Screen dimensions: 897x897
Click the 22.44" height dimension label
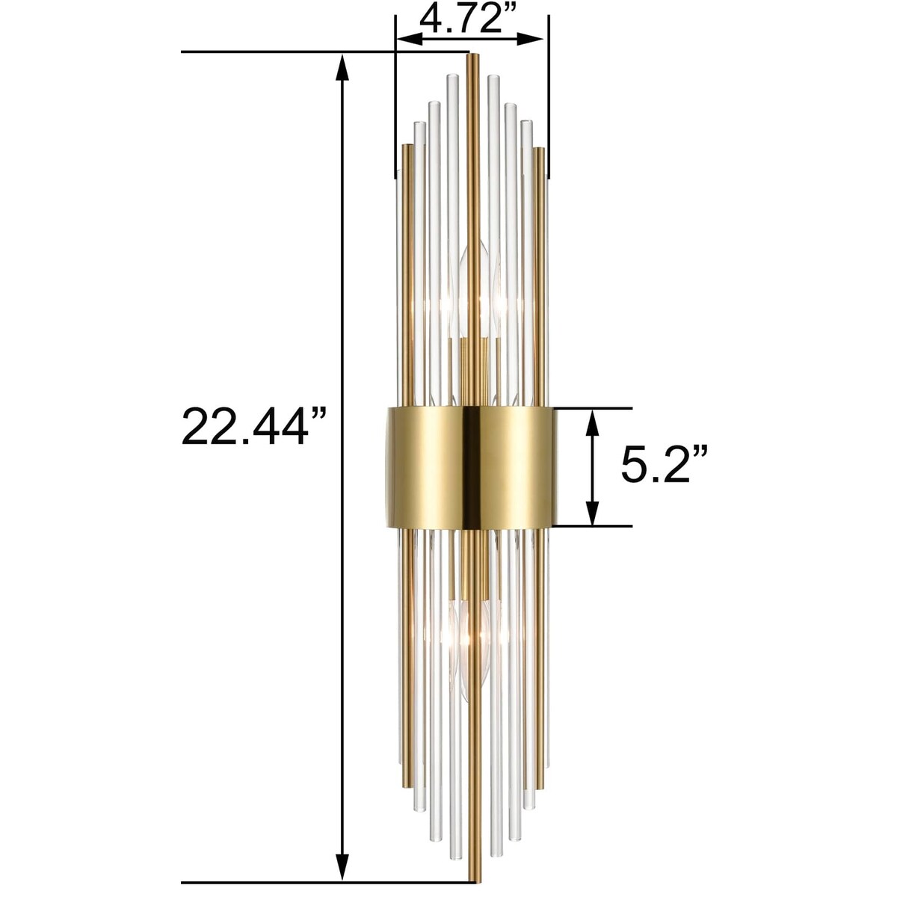click(x=255, y=426)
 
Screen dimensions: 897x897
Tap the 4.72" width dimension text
click(x=469, y=18)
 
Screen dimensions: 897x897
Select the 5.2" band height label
click(x=664, y=466)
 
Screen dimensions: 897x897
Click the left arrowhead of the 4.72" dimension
click(x=404, y=38)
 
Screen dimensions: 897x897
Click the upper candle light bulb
click(x=479, y=292)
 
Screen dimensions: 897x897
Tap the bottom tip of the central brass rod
click(x=472, y=878)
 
